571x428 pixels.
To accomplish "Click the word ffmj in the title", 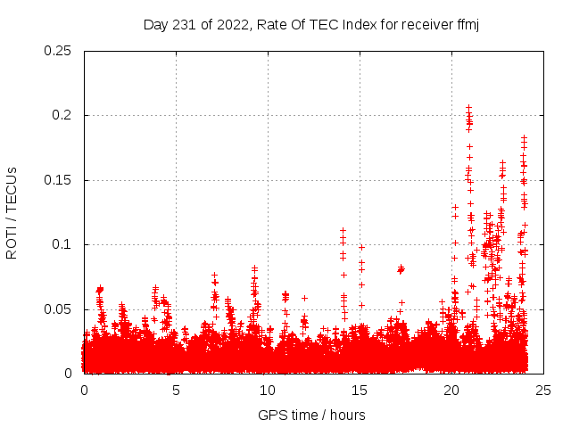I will pos(466,24).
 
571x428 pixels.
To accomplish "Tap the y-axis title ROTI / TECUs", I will pos(12,213).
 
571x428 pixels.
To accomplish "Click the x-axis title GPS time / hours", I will pos(311,415).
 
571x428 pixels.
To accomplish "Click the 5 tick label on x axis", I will pos(177,390).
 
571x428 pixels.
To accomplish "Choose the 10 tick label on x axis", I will pos(269,390).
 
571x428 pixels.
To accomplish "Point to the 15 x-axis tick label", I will pos(360,390).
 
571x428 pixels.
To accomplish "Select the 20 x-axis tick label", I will pos(452,390).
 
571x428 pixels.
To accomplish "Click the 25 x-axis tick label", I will pos(543,390).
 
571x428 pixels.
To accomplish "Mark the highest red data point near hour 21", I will pos(468,108).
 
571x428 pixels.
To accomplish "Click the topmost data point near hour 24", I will pos(524,138).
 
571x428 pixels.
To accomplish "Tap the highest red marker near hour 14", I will pos(343,230).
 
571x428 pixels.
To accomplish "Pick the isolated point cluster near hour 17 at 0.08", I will pos(401,268).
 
